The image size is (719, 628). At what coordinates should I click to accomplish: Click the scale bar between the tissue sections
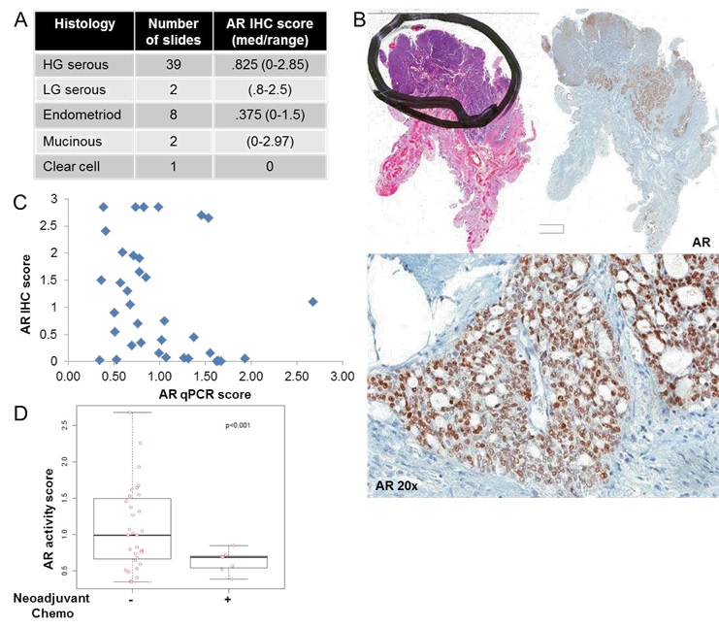pos(550,229)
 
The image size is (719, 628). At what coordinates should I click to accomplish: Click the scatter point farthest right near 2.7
pos(312,302)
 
